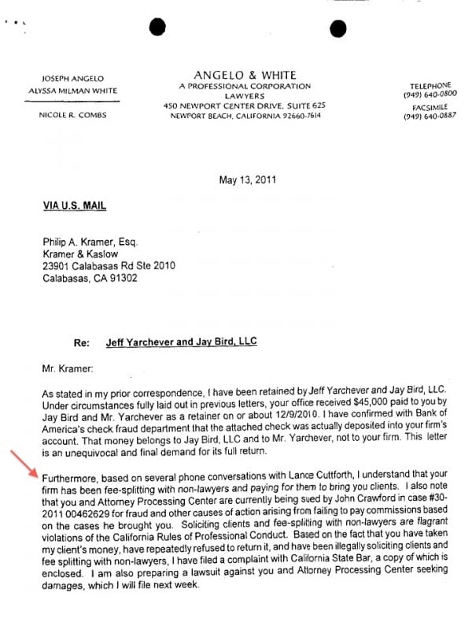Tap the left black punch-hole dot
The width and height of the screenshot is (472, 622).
[x=157, y=27]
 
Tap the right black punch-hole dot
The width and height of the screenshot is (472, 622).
[x=338, y=29]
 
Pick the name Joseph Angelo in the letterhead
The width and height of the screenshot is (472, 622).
[x=72, y=79]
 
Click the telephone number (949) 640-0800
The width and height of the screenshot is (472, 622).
[x=430, y=94]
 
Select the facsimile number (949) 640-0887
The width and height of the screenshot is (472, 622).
[x=430, y=117]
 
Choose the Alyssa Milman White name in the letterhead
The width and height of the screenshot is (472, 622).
[x=72, y=90]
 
